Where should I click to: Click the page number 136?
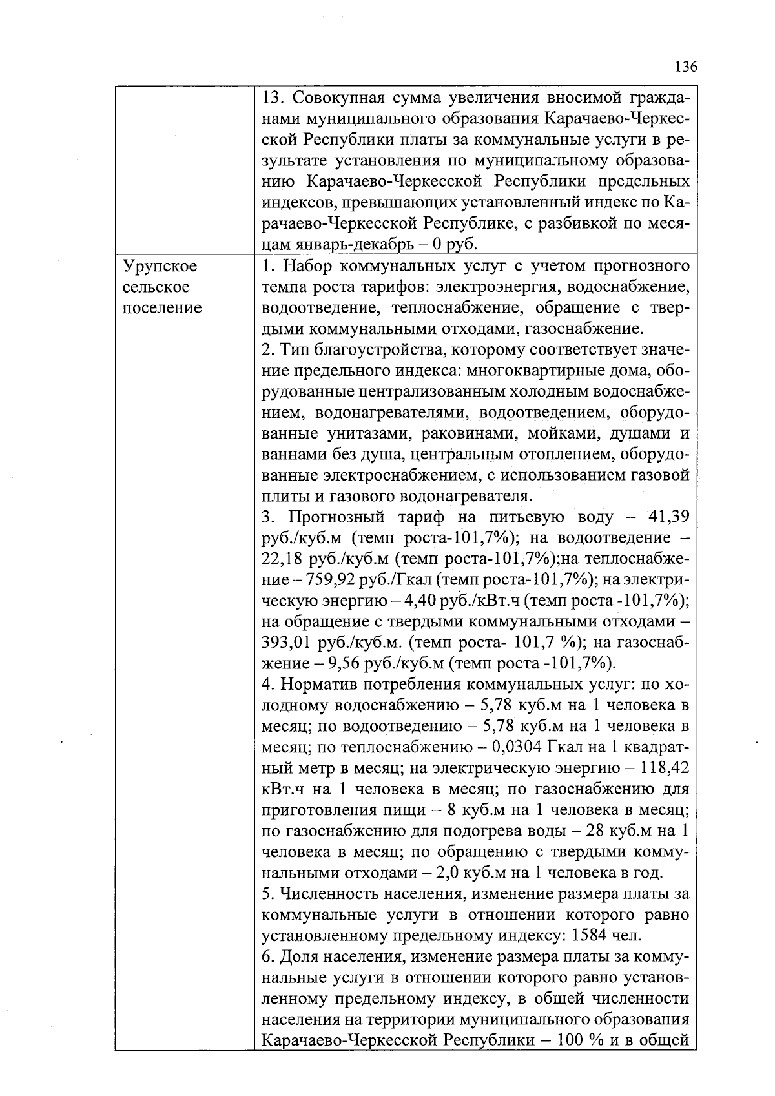(686, 67)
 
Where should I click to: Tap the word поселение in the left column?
(161, 308)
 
